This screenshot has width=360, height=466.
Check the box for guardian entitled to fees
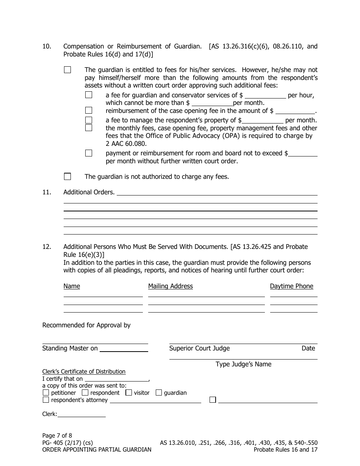coord(67,70)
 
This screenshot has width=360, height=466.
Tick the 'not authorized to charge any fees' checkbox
coord(67,177)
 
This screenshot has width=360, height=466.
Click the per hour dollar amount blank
coord(265,95)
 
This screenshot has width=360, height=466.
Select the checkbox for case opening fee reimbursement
coord(89,111)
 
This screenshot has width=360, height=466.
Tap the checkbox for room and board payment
coord(89,153)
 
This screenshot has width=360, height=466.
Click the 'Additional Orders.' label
coord(89,192)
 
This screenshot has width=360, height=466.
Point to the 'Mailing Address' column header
coord(171,286)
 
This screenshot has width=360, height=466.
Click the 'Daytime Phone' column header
coord(291,286)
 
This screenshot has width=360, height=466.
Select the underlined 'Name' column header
coord(72,286)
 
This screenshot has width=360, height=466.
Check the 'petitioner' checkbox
coord(46,393)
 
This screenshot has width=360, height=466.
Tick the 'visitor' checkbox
coord(128,393)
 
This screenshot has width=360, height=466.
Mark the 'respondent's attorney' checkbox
coord(46,400)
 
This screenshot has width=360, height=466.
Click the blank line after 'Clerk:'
coord(81,414)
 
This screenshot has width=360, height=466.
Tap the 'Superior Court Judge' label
coord(199,348)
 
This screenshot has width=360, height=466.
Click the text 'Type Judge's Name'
coord(243,364)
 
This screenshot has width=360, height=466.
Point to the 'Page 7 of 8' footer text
coord(57,436)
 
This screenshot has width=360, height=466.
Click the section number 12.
coord(47,247)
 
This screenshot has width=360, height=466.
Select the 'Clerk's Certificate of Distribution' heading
coord(84,372)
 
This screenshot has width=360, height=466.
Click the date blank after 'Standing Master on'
coord(124,349)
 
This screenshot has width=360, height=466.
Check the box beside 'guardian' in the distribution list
coord(159,393)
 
